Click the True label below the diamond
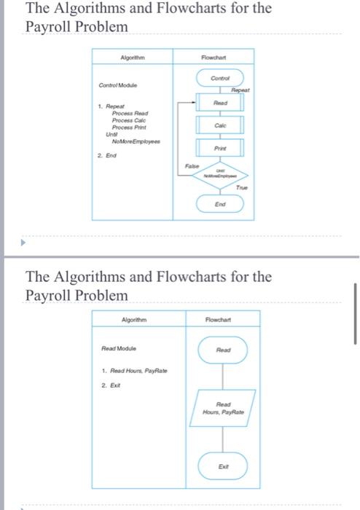[243, 187]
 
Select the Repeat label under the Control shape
[240, 91]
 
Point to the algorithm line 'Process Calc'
[129, 120]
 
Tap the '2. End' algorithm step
[107, 156]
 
